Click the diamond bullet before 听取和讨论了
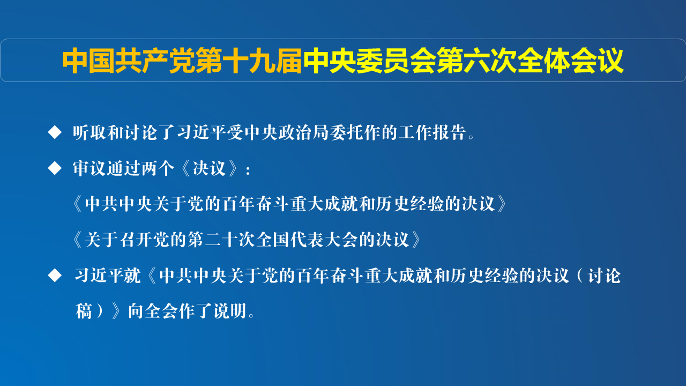point(55,132)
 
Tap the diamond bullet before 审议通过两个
point(55,168)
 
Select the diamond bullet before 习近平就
point(55,275)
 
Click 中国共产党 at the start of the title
point(129,61)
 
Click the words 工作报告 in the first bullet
point(432,132)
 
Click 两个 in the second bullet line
point(158,168)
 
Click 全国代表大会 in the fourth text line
point(308,240)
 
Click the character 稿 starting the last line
point(84,311)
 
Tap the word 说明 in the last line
point(230,311)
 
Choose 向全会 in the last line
point(153,311)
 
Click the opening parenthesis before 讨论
point(579,276)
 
